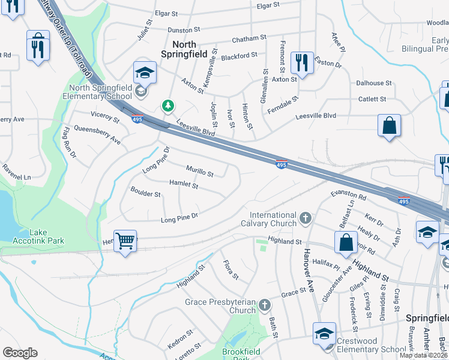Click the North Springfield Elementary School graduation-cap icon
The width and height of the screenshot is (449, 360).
tap(144, 73)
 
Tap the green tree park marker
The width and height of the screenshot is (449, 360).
tap(168, 106)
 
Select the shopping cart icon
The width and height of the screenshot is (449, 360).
tap(125, 241)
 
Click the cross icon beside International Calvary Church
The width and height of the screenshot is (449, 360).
tap(306, 217)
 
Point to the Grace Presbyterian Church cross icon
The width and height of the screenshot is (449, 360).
tap(264, 306)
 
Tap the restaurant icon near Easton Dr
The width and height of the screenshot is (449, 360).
tap(301, 62)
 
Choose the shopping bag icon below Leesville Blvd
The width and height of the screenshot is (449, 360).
tap(389, 125)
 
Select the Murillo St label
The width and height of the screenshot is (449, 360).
tap(200, 173)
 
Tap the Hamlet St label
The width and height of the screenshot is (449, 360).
tap(184, 185)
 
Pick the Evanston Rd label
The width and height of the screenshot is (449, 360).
tap(348, 196)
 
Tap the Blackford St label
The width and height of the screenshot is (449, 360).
tap(239, 55)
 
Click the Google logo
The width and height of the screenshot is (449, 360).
tap(20, 353)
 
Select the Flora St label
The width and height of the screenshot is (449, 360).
tap(231, 269)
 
